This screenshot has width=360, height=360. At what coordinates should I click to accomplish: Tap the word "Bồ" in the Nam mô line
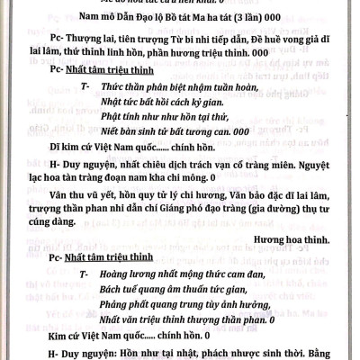[166, 17]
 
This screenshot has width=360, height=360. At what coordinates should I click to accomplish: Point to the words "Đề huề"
[247, 39]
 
